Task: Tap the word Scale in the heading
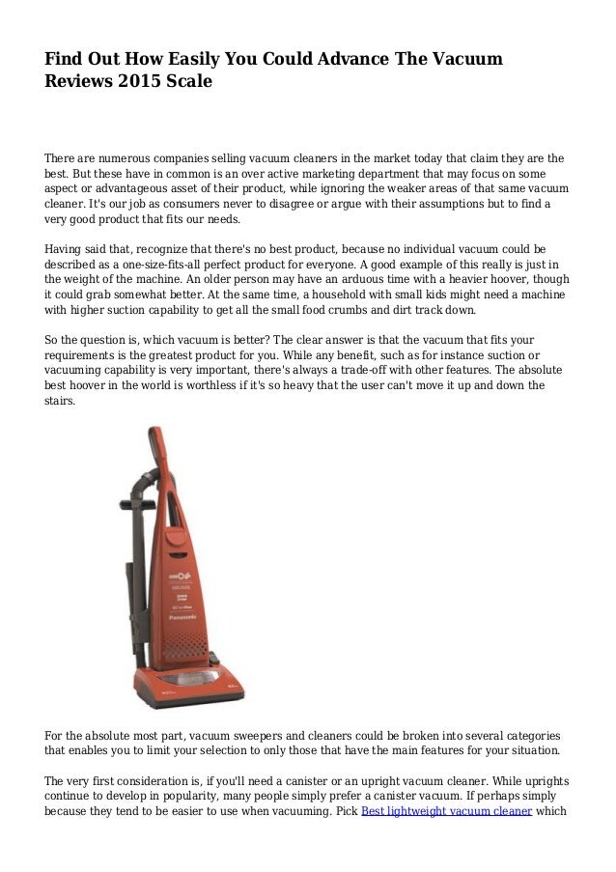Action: click(x=190, y=81)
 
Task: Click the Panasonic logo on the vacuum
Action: click(x=182, y=614)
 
